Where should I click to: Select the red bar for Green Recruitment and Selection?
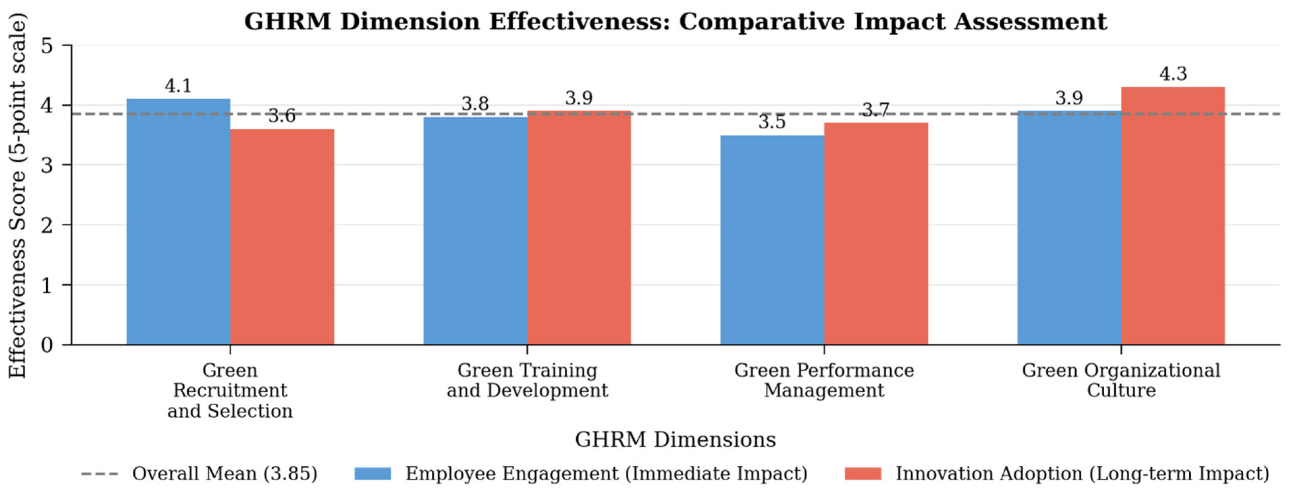click(282, 237)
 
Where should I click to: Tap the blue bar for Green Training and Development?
click(475, 231)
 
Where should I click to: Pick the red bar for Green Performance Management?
click(876, 234)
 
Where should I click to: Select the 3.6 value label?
click(282, 116)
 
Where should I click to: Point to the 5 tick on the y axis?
click(47, 46)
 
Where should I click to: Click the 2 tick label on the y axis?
click(47, 225)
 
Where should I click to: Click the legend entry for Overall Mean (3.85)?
click(199, 473)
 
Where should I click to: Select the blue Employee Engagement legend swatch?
click(373, 473)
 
